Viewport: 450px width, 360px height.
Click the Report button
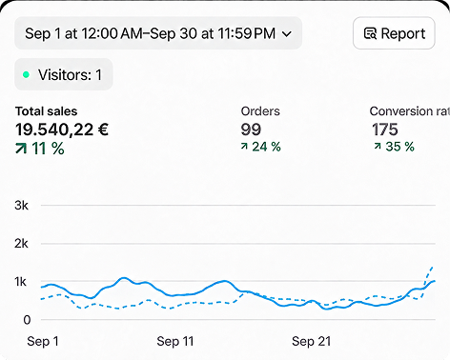click(x=394, y=33)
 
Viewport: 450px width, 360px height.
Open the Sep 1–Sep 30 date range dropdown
click(x=158, y=33)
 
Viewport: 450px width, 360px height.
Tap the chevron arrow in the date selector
click(x=287, y=33)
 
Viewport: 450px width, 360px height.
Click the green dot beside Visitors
click(x=26, y=75)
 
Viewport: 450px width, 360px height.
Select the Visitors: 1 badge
click(x=64, y=74)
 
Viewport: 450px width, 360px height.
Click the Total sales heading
click(x=47, y=111)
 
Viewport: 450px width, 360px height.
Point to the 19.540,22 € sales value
click(x=62, y=130)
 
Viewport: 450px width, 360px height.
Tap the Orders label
click(x=260, y=111)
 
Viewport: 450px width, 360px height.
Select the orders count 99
click(x=251, y=130)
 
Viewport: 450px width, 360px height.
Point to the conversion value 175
click(x=385, y=130)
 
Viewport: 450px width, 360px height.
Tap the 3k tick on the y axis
click(x=21, y=206)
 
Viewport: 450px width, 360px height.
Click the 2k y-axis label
click(x=21, y=244)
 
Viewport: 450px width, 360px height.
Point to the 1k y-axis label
click(x=21, y=282)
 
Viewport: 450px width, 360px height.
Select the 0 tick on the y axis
click(x=27, y=320)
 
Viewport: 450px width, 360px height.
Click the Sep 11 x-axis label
click(x=175, y=341)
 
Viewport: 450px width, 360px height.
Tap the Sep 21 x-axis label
click(x=311, y=341)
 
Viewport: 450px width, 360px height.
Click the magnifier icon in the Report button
click(x=370, y=33)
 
